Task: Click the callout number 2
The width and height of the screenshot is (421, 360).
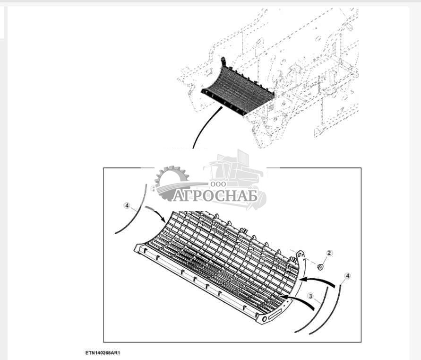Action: (329, 253)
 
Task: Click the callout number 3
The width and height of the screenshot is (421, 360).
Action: (310, 296)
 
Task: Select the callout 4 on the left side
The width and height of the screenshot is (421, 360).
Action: (127, 206)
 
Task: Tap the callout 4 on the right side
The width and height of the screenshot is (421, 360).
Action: (347, 276)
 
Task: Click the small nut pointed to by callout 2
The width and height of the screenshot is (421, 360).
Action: (320, 267)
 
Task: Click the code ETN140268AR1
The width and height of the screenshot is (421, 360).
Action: (103, 352)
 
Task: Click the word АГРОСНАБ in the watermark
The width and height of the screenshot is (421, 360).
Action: (215, 196)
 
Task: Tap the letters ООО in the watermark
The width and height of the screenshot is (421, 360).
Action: (218, 184)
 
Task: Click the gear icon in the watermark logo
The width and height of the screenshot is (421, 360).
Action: (172, 183)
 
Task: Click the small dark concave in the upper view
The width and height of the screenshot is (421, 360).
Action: (237, 87)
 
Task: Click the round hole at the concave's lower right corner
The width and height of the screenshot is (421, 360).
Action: (265, 319)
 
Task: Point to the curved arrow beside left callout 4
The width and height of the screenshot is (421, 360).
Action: (156, 214)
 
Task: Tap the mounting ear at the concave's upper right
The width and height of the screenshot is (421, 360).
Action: (300, 255)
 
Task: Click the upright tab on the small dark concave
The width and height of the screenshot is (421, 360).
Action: (223, 62)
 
